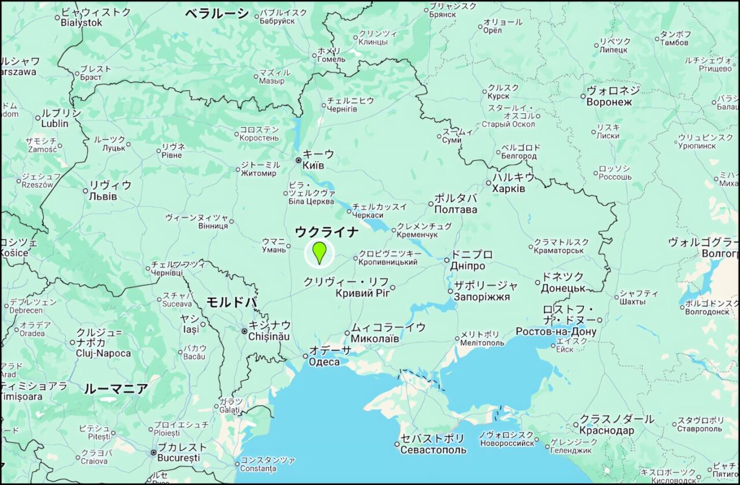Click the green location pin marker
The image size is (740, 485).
point(319,253)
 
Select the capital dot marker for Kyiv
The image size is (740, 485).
point(298,160)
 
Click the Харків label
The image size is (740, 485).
point(509,189)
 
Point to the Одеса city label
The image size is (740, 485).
point(324,362)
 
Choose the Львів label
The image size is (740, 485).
point(103,197)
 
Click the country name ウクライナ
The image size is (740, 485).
point(327,232)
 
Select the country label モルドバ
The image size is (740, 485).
point(231,302)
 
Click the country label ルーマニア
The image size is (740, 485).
point(116,388)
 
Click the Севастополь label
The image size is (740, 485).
point(433,450)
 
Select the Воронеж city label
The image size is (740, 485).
point(609,102)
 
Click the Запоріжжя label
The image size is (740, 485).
point(482,297)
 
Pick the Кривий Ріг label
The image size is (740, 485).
point(363,293)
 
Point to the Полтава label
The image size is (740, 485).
point(456,209)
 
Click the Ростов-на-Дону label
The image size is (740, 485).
point(556,331)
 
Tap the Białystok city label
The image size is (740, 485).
point(82,23)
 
